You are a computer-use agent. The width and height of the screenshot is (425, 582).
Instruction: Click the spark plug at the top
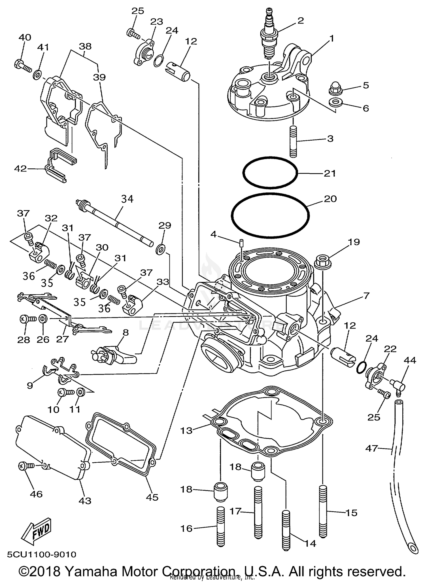[270, 35]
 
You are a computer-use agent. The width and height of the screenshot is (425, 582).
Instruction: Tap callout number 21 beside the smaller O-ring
[330, 173]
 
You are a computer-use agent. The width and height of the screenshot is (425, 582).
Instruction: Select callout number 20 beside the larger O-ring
[330, 199]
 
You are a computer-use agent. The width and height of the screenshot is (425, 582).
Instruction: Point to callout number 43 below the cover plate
[85, 501]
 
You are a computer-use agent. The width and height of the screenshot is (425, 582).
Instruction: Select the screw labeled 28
[27, 319]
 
